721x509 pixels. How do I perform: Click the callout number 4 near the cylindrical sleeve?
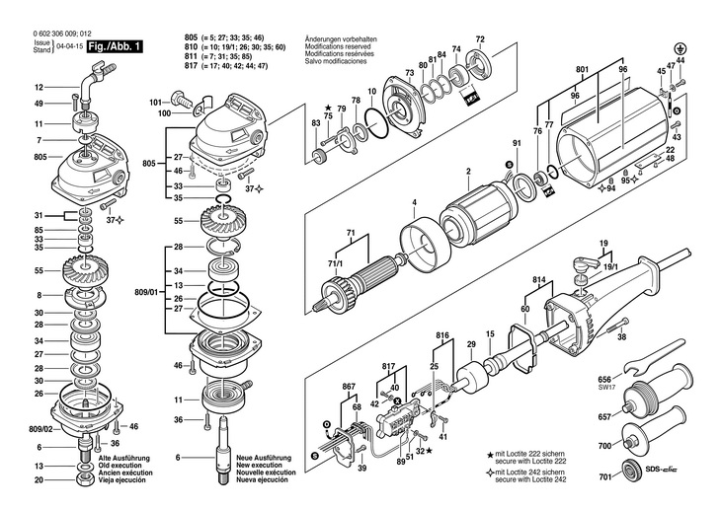[x=414, y=204]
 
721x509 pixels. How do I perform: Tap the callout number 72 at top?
[x=480, y=38]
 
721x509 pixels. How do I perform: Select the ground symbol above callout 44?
[x=680, y=46]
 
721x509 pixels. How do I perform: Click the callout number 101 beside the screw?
[x=154, y=102]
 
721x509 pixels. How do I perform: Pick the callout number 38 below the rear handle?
[x=620, y=337]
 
